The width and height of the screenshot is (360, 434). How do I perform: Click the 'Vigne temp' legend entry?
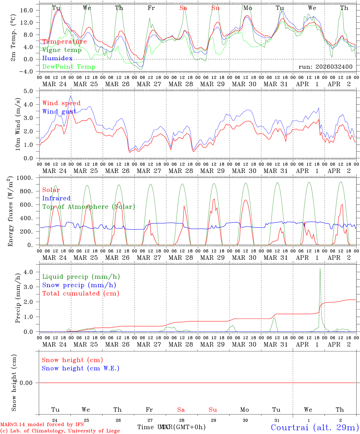coord(62,50)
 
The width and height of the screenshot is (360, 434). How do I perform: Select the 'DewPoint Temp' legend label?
coord(69,67)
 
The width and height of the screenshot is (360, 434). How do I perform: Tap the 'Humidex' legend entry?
coord(57,58)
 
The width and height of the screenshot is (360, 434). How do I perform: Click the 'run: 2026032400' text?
coord(325,67)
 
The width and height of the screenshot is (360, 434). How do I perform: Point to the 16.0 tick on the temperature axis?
coord(27,10)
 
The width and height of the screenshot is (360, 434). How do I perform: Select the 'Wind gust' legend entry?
coord(59,112)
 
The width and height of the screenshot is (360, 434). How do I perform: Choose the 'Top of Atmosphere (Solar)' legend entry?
coord(89,207)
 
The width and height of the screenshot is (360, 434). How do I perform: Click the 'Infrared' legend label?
coord(56,198)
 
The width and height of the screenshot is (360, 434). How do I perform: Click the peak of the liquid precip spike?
coord(320,268)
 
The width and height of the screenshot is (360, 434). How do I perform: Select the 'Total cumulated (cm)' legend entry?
coord(81,294)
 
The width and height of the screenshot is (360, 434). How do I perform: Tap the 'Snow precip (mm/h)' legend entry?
coord(79,285)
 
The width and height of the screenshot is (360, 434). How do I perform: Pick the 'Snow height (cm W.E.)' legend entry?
coord(81,368)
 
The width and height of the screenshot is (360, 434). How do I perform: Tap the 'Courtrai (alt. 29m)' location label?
coord(314,427)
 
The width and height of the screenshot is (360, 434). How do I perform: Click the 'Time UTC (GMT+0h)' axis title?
coord(172,427)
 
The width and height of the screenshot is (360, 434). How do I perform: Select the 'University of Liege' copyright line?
coord(60,431)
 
